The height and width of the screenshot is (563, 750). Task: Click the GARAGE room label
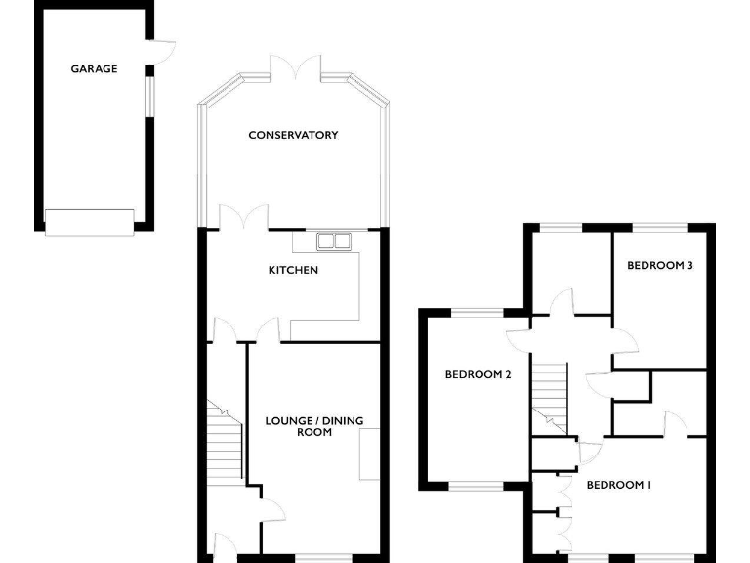94,69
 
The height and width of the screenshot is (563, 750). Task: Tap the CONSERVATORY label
293,135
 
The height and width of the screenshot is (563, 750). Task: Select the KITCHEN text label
294,269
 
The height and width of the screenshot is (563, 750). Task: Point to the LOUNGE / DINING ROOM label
314,426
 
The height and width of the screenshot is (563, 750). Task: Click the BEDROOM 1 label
618,485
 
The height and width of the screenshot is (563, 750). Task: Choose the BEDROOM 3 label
660,265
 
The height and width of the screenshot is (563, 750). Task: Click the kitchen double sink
334,239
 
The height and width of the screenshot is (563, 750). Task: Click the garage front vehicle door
89,222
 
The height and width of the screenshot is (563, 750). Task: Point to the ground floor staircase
225,440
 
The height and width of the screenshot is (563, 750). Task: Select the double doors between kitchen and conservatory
243,218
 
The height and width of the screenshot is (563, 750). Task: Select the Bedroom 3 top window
660,227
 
